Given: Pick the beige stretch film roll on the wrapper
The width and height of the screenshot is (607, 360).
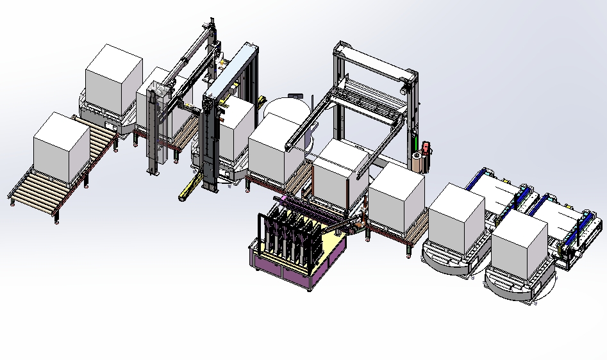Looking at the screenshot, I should click(x=418, y=163).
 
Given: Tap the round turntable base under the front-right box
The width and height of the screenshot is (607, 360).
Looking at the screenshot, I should click(x=513, y=285).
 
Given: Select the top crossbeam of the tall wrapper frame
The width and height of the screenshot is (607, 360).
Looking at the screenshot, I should click(x=375, y=60).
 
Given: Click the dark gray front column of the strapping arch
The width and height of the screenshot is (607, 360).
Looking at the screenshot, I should click(x=209, y=141).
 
